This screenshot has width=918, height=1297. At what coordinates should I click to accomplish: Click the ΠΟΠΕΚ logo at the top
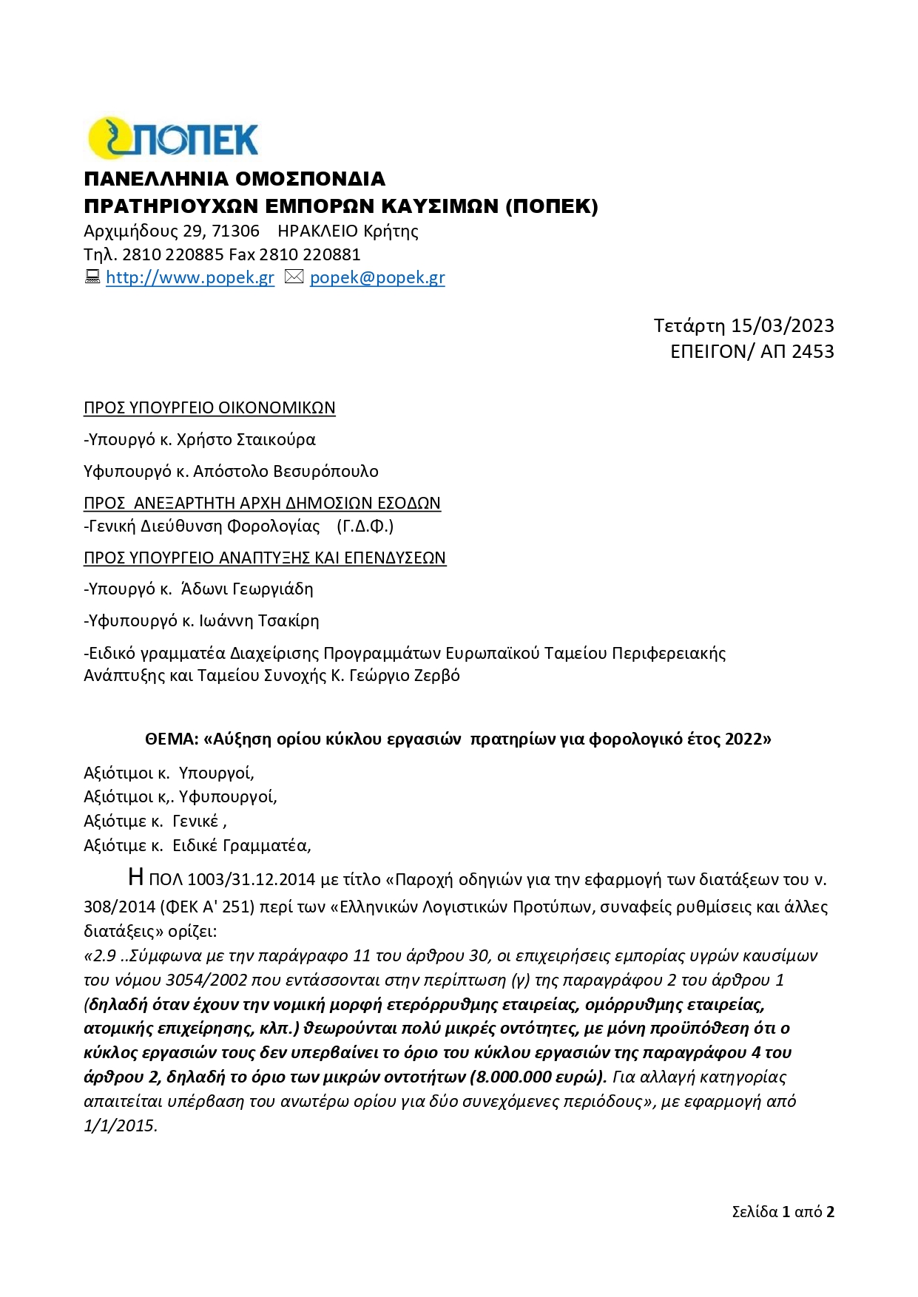point(173,138)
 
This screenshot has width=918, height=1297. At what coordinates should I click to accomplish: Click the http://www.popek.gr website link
point(190,277)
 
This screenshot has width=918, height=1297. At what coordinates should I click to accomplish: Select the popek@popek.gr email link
point(377,277)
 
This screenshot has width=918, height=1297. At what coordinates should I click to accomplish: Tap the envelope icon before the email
point(294,277)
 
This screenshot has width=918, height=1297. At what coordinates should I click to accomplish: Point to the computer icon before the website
point(92,277)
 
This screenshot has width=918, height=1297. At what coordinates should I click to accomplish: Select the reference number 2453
point(812,351)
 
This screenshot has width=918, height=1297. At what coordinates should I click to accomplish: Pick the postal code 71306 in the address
point(235,231)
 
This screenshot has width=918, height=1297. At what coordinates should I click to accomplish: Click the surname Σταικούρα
point(275,439)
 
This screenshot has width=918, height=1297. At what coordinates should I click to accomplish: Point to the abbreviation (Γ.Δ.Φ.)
point(365,526)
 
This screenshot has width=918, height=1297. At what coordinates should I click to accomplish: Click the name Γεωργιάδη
point(272,589)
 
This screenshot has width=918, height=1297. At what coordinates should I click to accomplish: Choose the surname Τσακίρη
point(288,620)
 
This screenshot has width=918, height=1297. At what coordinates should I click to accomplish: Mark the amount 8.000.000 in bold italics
point(510,1077)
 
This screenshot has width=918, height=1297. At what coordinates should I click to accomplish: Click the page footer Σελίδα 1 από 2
point(783,1211)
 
